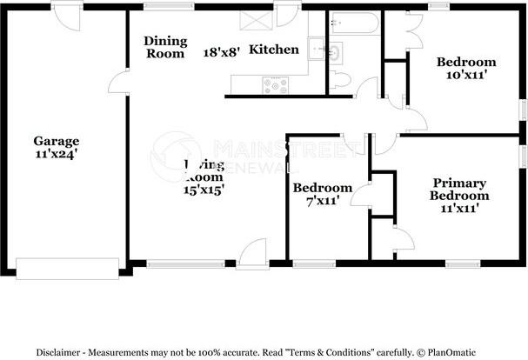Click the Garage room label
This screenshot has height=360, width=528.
pos(57,141)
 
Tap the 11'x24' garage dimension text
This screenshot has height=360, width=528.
pos(57,154)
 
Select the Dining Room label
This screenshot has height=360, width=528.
pos(164,47)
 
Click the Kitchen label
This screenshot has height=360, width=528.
pos(274,50)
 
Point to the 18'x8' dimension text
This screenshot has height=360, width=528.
pos(222,52)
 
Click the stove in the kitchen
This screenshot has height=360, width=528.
pos(276,85)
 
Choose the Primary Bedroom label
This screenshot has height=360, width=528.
pos(460,189)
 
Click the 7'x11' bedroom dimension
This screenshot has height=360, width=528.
pos(323,201)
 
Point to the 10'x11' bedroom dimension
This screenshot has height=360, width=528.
pos(466,75)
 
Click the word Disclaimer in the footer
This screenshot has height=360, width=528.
pos(62,352)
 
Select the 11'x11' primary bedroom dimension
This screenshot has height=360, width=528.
pos(460,208)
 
